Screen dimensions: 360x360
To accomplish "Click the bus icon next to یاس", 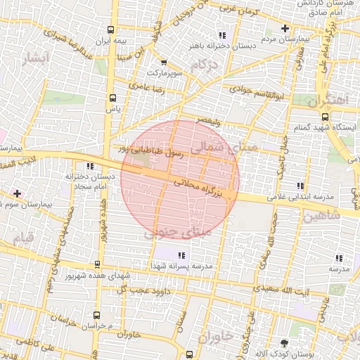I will pos(113,98).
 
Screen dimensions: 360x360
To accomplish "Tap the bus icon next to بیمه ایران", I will pos(110,30).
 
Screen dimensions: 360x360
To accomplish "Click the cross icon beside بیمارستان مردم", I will pos(284,29).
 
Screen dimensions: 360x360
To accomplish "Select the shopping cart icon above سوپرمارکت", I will pos(164,62).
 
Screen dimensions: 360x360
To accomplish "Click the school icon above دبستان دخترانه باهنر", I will pos(222,35).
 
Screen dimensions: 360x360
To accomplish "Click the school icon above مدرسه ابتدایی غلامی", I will pos(301,186).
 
